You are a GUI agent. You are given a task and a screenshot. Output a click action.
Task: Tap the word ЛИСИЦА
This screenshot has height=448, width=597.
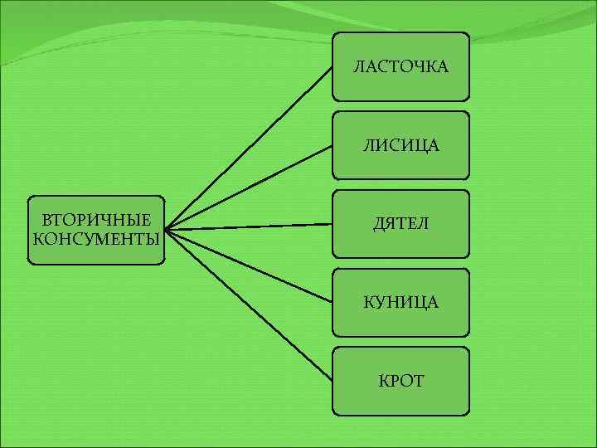(x=400, y=146)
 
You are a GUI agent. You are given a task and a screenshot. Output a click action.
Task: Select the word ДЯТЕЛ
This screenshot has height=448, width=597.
(x=400, y=224)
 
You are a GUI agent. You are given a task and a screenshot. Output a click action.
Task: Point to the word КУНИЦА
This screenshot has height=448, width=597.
(x=400, y=303)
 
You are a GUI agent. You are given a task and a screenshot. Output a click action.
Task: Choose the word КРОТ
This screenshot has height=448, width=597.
(x=400, y=381)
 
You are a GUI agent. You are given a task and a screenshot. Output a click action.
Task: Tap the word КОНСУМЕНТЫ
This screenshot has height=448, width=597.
(x=96, y=240)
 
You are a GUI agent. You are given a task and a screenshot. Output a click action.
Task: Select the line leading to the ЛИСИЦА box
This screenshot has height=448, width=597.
(x=249, y=187)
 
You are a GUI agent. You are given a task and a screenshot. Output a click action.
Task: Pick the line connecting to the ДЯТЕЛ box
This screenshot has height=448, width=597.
(x=249, y=226)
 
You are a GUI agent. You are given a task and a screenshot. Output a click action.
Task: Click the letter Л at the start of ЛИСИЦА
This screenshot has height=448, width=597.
(x=366, y=146)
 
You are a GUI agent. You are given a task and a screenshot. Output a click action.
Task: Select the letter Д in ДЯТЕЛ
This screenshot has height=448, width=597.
(x=378, y=225)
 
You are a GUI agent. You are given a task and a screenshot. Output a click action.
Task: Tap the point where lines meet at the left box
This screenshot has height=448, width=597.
(x=165, y=230)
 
